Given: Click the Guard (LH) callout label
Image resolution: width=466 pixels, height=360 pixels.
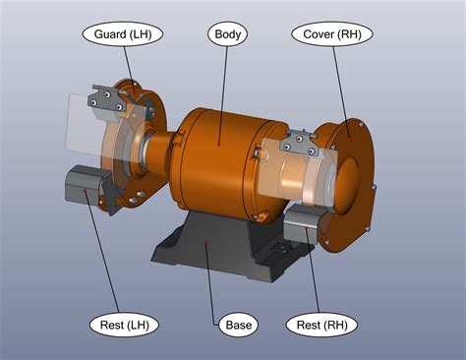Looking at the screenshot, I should (122, 33).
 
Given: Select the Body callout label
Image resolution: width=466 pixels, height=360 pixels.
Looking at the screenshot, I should (226, 33).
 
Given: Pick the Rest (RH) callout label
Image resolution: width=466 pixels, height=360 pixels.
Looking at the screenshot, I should (321, 324).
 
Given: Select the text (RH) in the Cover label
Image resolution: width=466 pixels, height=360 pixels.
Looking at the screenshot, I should (349, 33).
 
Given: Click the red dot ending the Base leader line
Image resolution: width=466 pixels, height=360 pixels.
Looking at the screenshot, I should (205, 239).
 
